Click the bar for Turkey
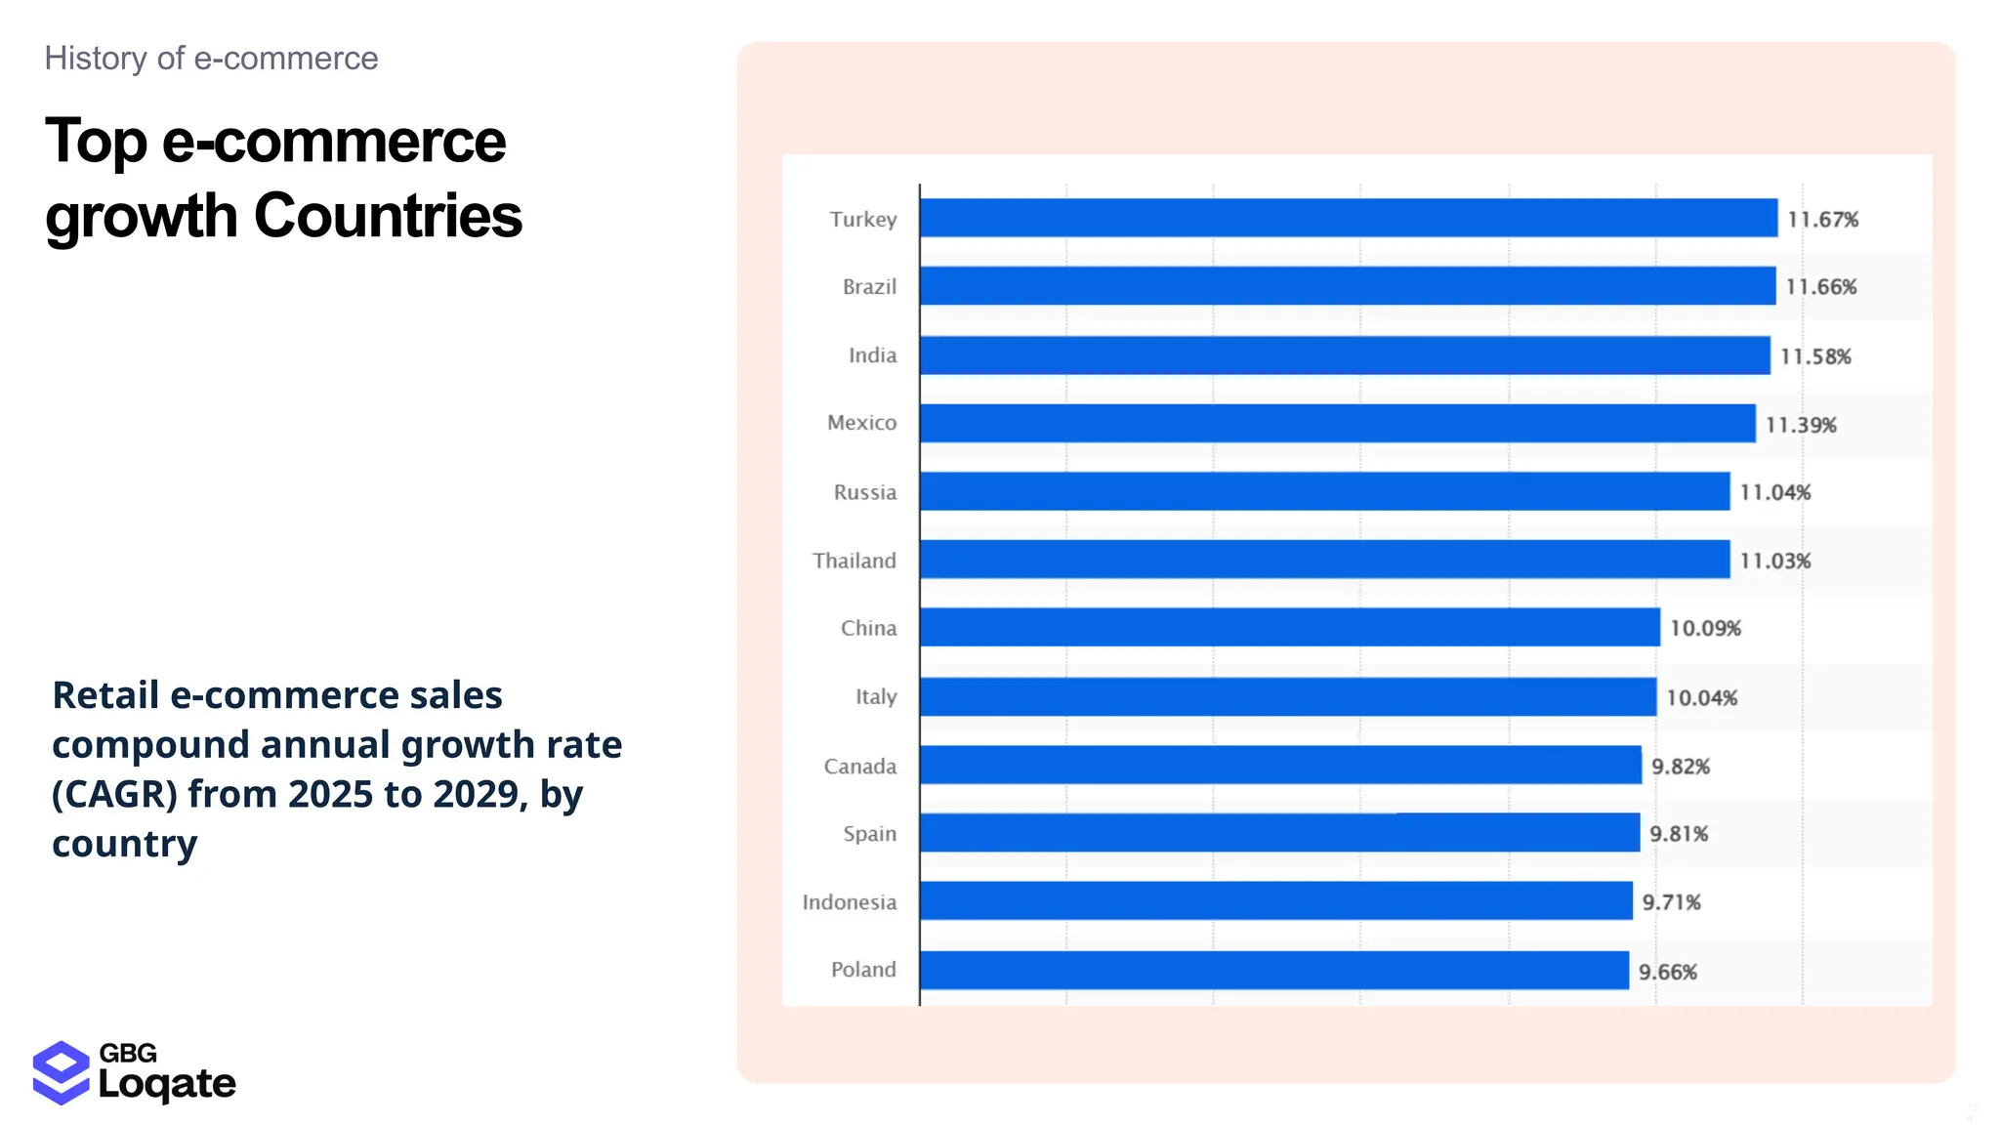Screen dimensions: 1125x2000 coord(1348,218)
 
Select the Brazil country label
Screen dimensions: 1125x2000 coord(869,287)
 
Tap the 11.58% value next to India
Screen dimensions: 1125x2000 coord(1814,356)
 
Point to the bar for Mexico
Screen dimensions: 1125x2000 coord(1337,423)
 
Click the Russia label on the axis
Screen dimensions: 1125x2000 coord(864,492)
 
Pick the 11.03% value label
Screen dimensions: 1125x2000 coord(1774,562)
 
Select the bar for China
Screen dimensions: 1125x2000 coord(1289,627)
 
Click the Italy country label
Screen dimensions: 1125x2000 coord(875,697)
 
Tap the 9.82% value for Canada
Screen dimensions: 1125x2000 coord(1680,767)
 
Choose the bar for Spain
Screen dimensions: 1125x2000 coord(1279,833)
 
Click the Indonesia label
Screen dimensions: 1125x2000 coord(849,902)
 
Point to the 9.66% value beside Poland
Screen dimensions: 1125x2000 coord(1667,973)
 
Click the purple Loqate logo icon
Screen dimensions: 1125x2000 coord(61,1072)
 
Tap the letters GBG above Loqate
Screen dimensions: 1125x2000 coord(128,1053)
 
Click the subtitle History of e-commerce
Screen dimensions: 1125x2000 coord(211,59)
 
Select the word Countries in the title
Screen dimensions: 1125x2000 coord(388,216)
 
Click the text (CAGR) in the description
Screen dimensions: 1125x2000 coord(114,795)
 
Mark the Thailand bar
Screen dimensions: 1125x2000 coord(1324,560)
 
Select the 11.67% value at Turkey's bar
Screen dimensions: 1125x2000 coord(1822,220)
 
